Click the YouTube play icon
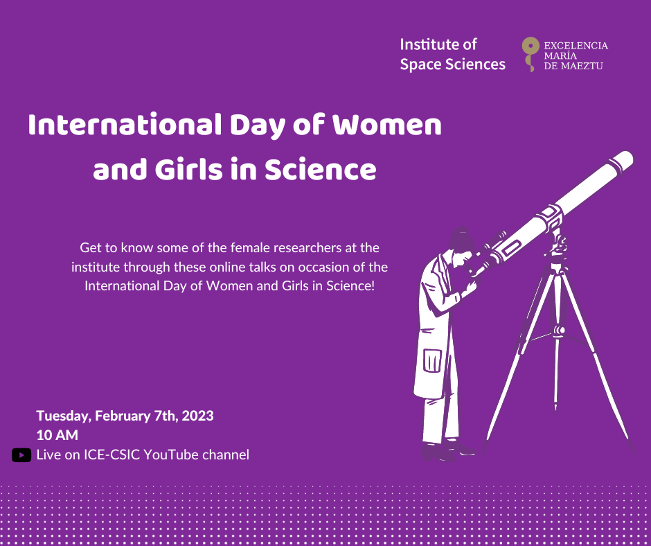pos(21,455)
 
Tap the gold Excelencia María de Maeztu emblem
pos(530,54)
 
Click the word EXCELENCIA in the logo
pos(576,45)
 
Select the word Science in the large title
pos(321,170)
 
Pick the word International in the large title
pos(125,125)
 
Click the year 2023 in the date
pos(197,416)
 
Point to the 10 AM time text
pos(57,435)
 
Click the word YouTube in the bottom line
pos(171,455)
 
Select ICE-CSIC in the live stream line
pos(112,455)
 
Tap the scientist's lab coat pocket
pos(432,360)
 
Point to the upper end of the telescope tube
pos(623,159)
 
